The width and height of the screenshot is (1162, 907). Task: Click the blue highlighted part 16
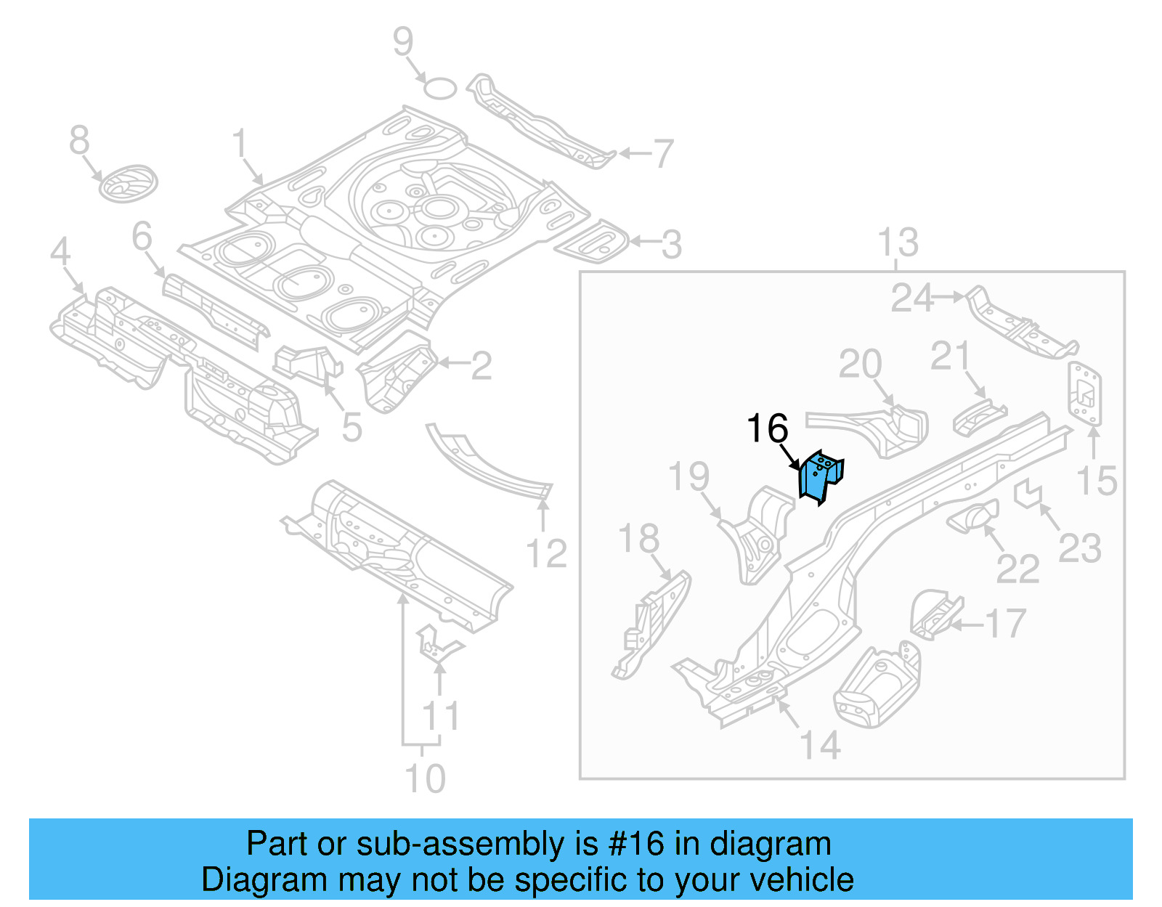(x=819, y=476)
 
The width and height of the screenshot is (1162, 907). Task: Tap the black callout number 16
(x=767, y=428)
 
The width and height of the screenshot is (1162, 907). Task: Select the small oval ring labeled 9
(x=440, y=89)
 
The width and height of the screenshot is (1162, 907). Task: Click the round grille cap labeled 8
(x=128, y=184)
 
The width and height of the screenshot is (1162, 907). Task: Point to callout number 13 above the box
(x=898, y=243)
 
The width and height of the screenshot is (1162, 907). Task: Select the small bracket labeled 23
(x=1028, y=494)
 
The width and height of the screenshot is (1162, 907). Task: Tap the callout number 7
(x=663, y=153)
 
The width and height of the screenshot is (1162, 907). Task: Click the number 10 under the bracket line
(x=424, y=778)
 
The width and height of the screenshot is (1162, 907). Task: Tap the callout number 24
(x=911, y=298)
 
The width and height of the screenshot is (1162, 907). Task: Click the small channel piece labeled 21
(x=978, y=417)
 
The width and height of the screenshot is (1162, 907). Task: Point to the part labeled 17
(x=935, y=615)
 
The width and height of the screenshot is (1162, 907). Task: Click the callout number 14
(x=820, y=745)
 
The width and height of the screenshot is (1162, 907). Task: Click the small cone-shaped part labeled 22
(x=974, y=517)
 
